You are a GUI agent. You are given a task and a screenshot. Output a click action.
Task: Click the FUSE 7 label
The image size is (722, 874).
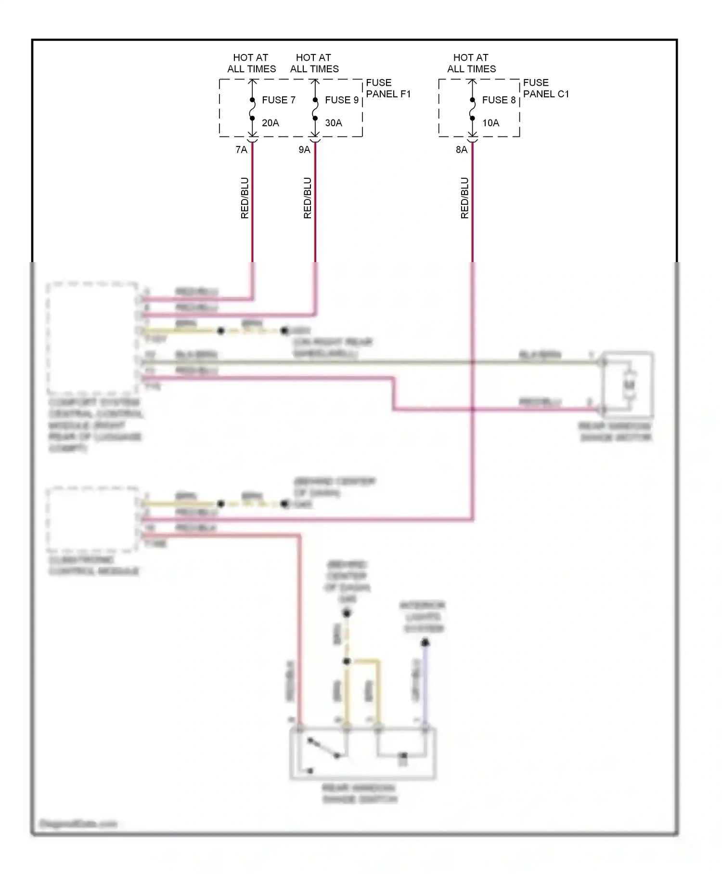click(x=278, y=100)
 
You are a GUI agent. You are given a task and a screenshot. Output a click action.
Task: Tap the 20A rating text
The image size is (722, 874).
click(x=270, y=123)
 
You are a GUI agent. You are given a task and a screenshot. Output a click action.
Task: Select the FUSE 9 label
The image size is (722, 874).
click(x=341, y=100)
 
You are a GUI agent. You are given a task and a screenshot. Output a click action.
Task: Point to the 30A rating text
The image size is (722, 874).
click(x=333, y=123)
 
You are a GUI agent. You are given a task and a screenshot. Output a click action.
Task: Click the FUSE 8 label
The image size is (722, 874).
click(x=498, y=100)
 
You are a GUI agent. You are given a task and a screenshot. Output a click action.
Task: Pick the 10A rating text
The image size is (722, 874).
click(x=490, y=123)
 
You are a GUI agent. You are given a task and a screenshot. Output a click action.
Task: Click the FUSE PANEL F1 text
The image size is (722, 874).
click(x=388, y=88)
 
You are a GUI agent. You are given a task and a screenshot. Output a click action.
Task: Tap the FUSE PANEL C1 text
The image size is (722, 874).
click(x=545, y=88)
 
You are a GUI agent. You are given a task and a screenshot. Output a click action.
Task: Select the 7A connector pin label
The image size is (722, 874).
click(x=241, y=150)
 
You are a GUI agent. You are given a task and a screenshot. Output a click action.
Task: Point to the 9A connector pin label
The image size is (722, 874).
click(x=304, y=150)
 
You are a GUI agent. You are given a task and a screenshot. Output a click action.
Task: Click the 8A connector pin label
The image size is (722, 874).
click(x=461, y=150)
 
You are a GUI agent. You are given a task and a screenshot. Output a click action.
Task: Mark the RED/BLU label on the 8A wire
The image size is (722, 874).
click(x=464, y=198)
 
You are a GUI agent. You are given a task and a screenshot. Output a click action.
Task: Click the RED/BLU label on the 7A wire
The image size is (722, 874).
click(x=245, y=198)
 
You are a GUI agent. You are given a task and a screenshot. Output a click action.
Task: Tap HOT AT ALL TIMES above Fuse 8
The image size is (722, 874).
click(x=471, y=63)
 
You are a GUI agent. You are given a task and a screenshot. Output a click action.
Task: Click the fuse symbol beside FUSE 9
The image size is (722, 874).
click(x=315, y=109)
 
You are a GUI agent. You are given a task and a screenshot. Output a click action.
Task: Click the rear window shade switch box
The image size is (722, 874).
click(x=362, y=754)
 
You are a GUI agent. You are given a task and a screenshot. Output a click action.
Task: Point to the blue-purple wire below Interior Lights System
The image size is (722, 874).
click(x=425, y=684)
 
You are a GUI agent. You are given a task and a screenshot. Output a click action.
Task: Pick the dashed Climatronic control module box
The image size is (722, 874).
click(x=91, y=519)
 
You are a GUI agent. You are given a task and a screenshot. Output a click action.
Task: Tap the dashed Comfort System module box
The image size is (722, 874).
click(x=91, y=337)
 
